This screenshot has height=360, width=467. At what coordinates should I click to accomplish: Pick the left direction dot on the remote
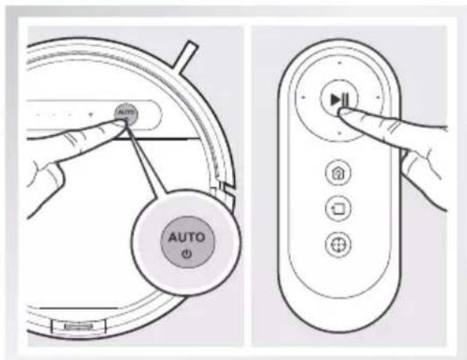click(x=302, y=99)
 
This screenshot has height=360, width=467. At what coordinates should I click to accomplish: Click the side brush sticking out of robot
click(x=186, y=54)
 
